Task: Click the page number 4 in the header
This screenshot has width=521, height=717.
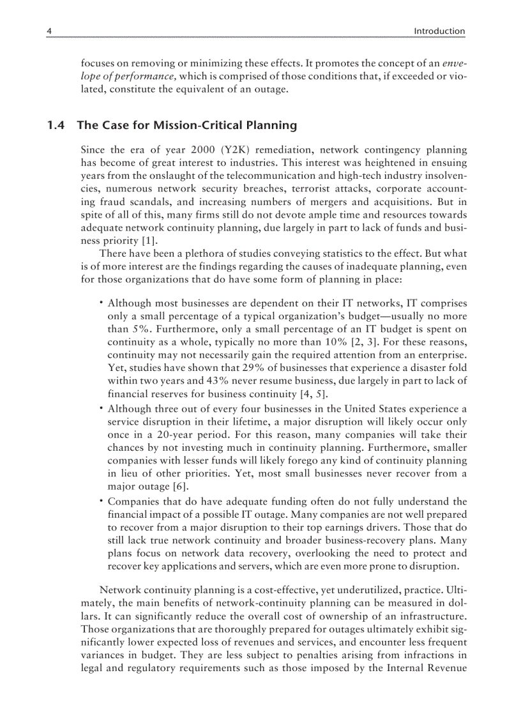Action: point(49,31)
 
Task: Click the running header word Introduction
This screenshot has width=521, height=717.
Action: point(439,31)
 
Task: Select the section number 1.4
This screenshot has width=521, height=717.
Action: point(56,126)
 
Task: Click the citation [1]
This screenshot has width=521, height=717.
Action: point(149,241)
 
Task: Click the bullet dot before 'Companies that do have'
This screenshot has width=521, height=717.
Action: point(102,501)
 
